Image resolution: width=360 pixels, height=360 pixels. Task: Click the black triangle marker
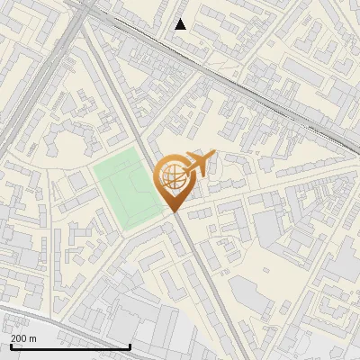pos(181,24)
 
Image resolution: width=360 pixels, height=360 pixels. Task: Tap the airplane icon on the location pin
pos(197,164)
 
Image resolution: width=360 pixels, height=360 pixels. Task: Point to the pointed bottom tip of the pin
pos(175,212)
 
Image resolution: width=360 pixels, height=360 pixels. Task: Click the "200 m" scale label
pos(23,338)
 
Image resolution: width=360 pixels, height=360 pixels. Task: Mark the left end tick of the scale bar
pos(10,345)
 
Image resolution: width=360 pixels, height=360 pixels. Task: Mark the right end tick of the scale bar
pos(130,345)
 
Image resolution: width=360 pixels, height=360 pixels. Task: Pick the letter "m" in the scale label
pos(32,338)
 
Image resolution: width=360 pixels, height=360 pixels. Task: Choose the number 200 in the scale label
pos(19,338)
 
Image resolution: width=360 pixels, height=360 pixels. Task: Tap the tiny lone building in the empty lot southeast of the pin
pos(267,270)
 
